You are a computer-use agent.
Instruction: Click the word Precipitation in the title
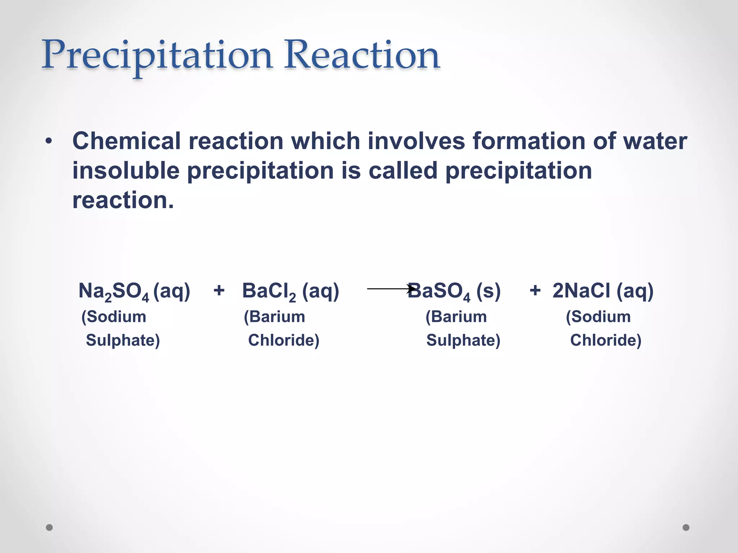point(157,56)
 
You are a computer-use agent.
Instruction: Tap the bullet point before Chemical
point(49,141)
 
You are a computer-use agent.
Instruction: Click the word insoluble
point(126,171)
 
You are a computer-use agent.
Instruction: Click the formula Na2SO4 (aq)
point(134,291)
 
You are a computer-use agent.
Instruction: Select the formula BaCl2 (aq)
point(290,291)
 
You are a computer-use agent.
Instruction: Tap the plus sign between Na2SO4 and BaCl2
point(219,290)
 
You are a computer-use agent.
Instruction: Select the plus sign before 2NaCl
point(535,290)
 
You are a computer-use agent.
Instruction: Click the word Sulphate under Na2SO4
point(123,340)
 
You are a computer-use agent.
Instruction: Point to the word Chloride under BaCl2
point(284,340)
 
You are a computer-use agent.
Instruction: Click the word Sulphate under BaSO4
point(463,340)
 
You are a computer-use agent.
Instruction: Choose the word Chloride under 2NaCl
point(606,340)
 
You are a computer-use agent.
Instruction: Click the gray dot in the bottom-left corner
point(49,527)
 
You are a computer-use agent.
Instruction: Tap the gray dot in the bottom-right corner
point(686,527)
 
